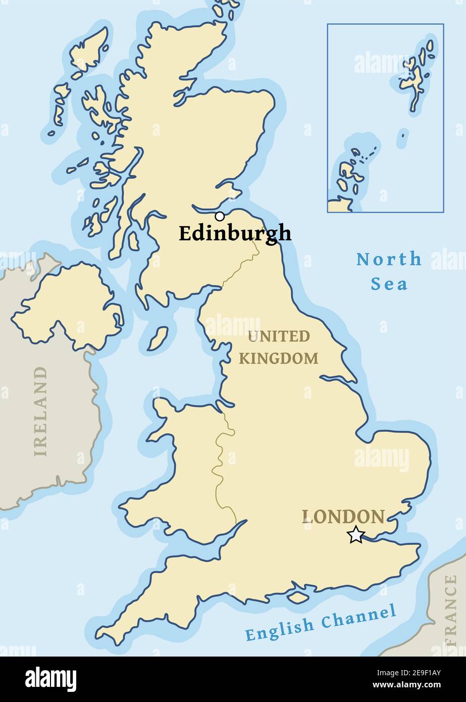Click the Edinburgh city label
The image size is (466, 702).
click(x=235, y=234)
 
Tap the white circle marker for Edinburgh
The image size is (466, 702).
click(x=220, y=217)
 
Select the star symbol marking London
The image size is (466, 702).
click(x=356, y=534)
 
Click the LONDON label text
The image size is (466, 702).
click(x=343, y=517)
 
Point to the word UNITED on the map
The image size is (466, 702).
click(x=278, y=336)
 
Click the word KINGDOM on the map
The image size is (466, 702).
click(x=278, y=359)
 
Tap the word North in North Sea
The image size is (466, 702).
click(x=389, y=260)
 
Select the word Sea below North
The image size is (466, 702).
click(x=389, y=284)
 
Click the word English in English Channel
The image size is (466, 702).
click(x=279, y=628)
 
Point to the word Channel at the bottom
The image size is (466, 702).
click(x=358, y=617)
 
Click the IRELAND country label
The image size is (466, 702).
click(x=40, y=412)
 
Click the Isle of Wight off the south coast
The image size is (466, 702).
click(x=298, y=597)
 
